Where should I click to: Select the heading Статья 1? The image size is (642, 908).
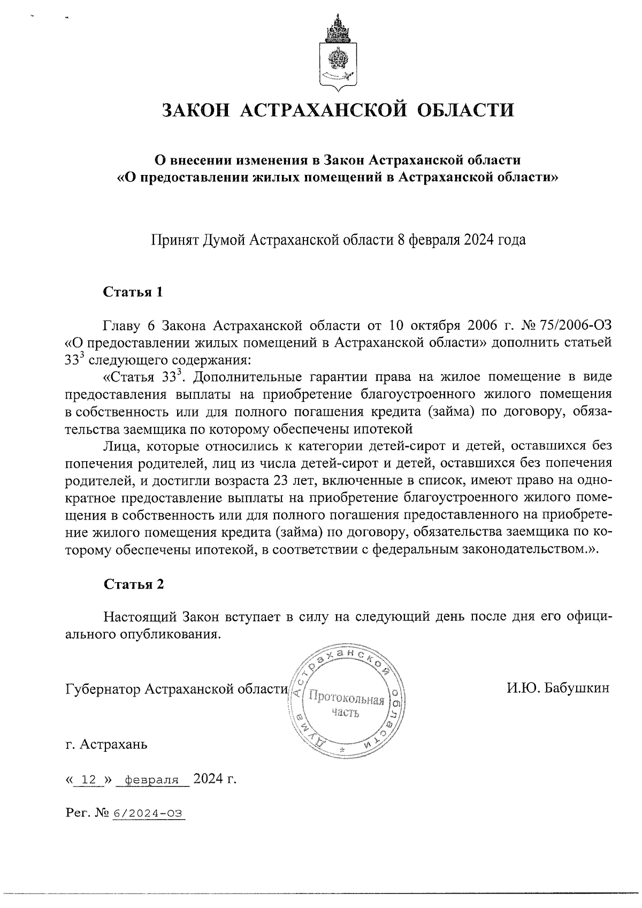click(x=133, y=292)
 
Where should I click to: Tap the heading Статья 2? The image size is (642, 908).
click(x=133, y=584)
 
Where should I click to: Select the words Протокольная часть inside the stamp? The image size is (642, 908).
click(x=343, y=706)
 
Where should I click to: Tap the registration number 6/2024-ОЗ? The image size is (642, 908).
click(x=147, y=814)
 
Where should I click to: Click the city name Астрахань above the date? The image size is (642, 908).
click(x=112, y=744)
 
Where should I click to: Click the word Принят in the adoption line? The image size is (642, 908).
click(x=172, y=240)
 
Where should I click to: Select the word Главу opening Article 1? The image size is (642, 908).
click(x=120, y=325)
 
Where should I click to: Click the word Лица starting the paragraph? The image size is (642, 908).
click(x=119, y=445)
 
